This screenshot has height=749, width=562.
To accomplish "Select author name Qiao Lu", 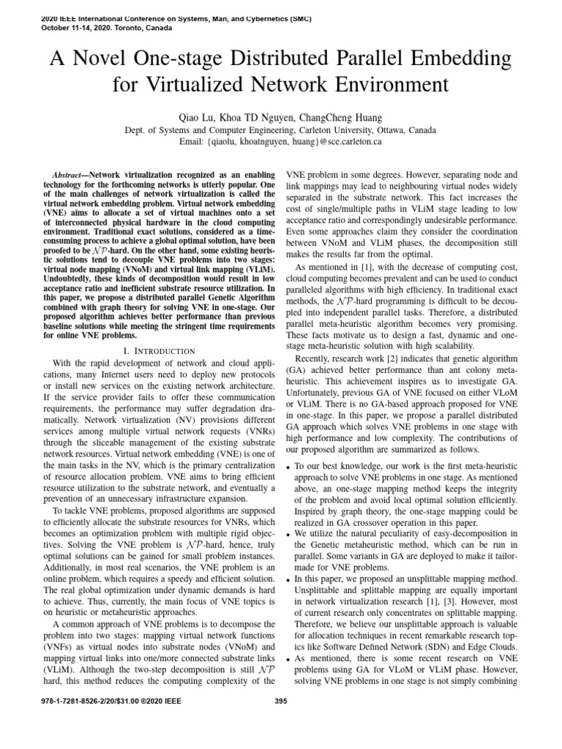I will click(194, 117).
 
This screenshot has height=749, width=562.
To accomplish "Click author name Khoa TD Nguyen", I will click(255, 117).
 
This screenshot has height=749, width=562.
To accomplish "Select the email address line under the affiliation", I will click(280, 142).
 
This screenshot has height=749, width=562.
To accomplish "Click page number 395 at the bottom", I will click(280, 723).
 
